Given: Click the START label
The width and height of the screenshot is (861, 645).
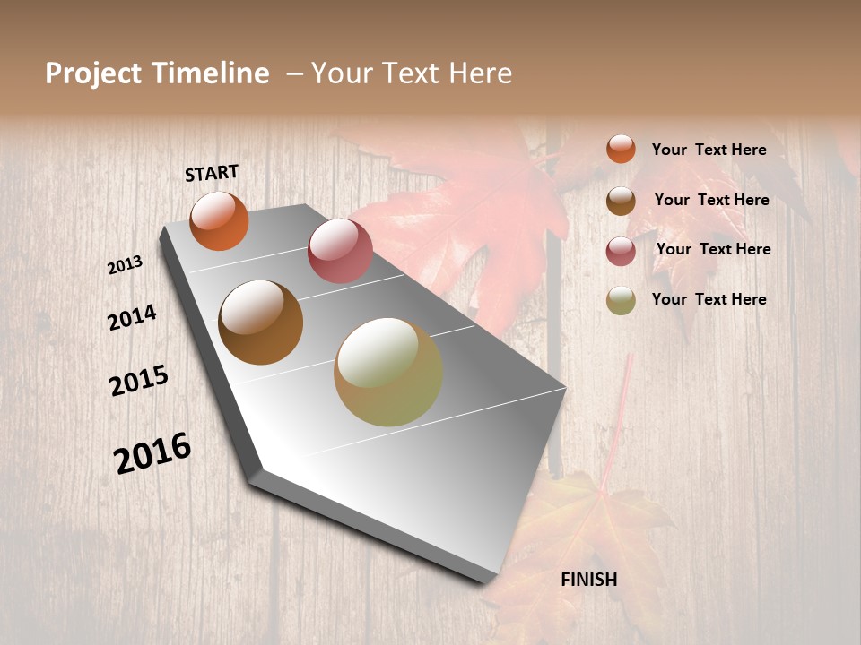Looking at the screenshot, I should (x=212, y=173).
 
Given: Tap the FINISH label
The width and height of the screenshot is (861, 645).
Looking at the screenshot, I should (x=589, y=580).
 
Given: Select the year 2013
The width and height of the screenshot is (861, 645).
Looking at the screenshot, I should (x=126, y=265).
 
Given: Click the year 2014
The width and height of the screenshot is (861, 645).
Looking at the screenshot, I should (x=133, y=317).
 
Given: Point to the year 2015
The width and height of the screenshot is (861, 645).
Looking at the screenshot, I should (x=139, y=381).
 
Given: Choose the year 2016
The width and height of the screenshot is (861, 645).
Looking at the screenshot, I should (x=152, y=453).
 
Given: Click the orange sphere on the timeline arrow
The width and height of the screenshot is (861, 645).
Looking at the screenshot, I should (x=220, y=221).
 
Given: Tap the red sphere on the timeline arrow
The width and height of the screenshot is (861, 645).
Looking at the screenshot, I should (x=340, y=251).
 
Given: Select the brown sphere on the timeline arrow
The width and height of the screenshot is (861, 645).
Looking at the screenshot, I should (x=261, y=322).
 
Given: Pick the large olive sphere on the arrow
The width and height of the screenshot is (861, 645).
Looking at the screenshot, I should (x=388, y=372).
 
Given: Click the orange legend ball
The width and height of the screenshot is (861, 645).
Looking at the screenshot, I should (x=621, y=149).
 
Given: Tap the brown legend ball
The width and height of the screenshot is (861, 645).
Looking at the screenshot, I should (x=621, y=201).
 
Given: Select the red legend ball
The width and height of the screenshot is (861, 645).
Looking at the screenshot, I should (x=621, y=251).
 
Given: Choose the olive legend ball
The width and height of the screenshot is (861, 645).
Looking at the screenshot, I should (x=621, y=300).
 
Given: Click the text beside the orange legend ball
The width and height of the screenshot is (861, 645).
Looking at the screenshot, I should (x=709, y=150).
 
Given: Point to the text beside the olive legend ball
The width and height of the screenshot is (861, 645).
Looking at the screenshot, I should (x=709, y=299).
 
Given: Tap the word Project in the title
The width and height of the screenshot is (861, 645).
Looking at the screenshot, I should (x=93, y=73).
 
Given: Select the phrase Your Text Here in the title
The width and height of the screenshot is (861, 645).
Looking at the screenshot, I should (x=412, y=73).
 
